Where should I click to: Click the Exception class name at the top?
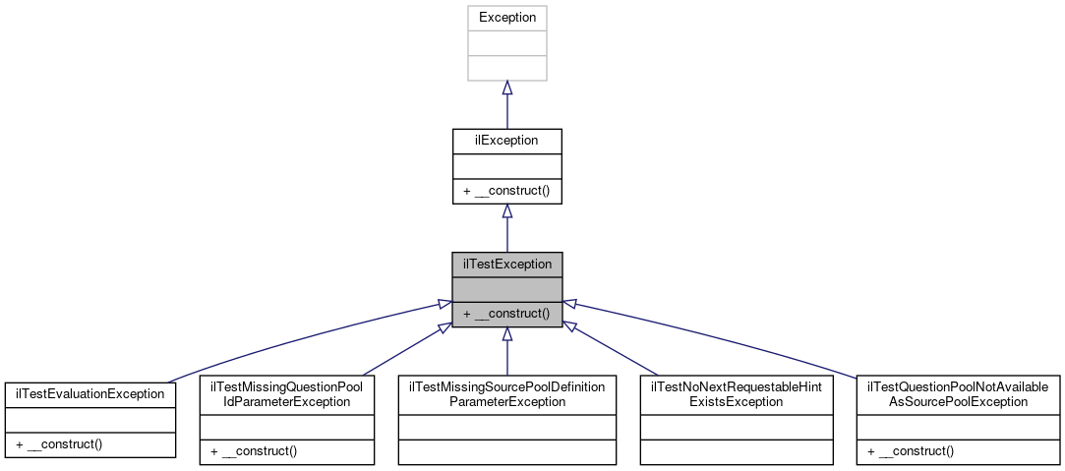coord(506,18)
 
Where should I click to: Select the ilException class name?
coord(506,141)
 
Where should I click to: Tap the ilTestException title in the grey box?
coord(506,265)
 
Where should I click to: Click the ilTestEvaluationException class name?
coord(89,393)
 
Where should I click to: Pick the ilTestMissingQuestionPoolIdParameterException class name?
coord(287,394)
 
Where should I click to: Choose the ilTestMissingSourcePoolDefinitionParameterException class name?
coord(506,394)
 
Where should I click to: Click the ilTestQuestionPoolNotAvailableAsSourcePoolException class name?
coord(959,394)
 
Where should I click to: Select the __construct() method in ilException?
coord(506,191)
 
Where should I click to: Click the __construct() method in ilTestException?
coord(506,314)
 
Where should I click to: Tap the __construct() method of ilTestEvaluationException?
coord(60,443)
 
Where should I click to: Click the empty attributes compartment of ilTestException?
coord(506,289)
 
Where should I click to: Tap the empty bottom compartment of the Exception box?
coord(506,68)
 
